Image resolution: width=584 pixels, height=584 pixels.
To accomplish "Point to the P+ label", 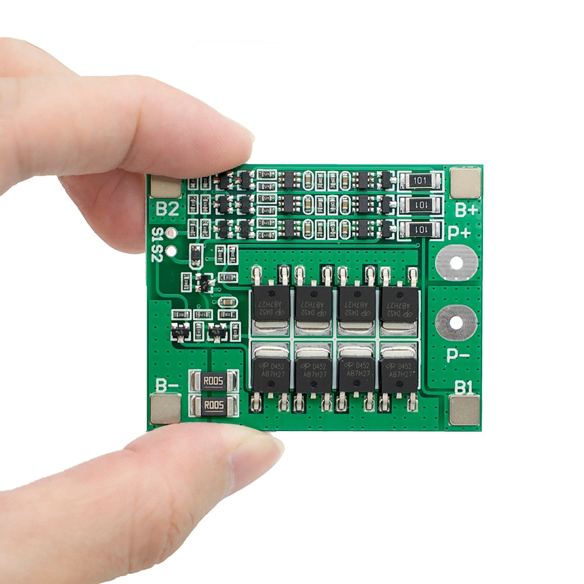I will click(x=459, y=233).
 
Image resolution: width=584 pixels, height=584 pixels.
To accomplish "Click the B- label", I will click(x=167, y=385).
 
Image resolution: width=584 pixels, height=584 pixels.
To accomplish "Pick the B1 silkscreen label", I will click(x=464, y=386).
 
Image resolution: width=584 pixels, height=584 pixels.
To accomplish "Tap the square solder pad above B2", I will click(x=166, y=186).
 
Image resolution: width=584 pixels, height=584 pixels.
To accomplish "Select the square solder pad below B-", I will click(x=166, y=408).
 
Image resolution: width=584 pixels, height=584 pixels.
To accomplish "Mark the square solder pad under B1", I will click(x=465, y=409).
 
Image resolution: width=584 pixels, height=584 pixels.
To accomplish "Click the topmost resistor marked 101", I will click(x=419, y=181).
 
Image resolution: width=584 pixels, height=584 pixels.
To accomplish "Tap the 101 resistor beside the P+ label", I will click(x=419, y=230).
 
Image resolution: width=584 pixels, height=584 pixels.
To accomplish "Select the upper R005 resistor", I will click(x=214, y=383).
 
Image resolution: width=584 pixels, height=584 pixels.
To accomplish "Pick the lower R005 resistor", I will click(x=214, y=405).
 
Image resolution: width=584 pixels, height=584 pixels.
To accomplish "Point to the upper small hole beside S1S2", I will click(x=171, y=234).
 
